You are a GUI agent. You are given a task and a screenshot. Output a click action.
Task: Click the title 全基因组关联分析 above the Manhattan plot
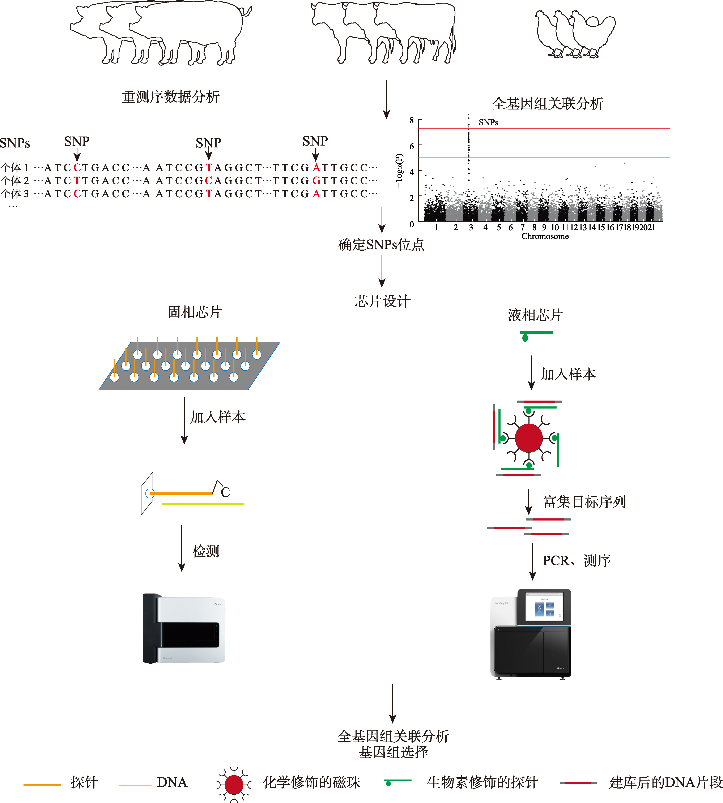(547, 104)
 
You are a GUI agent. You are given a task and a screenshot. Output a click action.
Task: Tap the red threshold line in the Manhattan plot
(556, 128)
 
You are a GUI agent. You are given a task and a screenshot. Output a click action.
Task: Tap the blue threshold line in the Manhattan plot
(556, 158)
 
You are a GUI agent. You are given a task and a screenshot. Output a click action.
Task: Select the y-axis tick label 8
(412, 120)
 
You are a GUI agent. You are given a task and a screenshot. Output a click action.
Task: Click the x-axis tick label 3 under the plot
(471, 228)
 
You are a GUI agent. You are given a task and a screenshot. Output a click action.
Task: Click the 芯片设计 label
(382, 301)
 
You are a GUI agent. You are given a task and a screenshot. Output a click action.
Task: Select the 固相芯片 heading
(195, 312)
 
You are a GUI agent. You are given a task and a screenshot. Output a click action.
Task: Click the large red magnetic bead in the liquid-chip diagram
(528, 438)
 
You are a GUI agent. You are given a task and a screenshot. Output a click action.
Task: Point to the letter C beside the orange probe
(225, 492)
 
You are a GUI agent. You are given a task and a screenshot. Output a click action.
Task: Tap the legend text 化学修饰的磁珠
(311, 782)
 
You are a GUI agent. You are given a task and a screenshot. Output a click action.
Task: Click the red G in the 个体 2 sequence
(316, 181)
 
